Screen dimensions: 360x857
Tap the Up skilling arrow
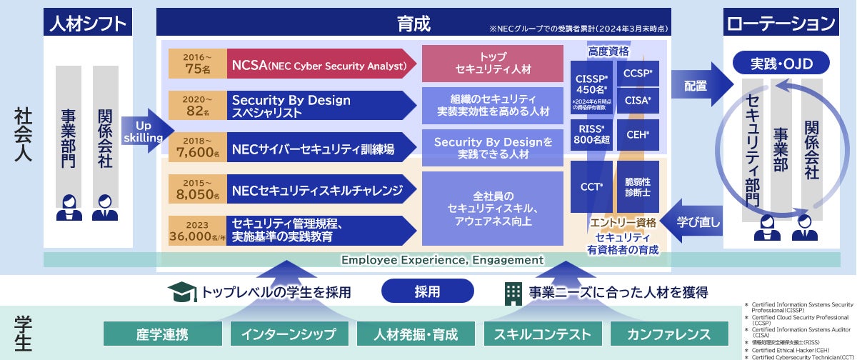click(x=145, y=131)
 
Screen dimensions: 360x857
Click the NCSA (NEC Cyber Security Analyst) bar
click(x=319, y=66)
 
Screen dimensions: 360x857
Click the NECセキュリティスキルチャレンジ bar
click(x=319, y=190)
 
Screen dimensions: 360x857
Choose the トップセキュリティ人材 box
click(x=492, y=63)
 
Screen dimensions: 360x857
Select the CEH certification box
click(x=637, y=134)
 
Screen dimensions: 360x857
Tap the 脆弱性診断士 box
click(x=637, y=186)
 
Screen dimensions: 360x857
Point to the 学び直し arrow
click(x=693, y=221)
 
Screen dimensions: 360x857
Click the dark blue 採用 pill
click(x=427, y=291)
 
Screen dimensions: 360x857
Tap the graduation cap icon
click(x=182, y=291)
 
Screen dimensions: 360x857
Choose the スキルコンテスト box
click(x=543, y=334)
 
